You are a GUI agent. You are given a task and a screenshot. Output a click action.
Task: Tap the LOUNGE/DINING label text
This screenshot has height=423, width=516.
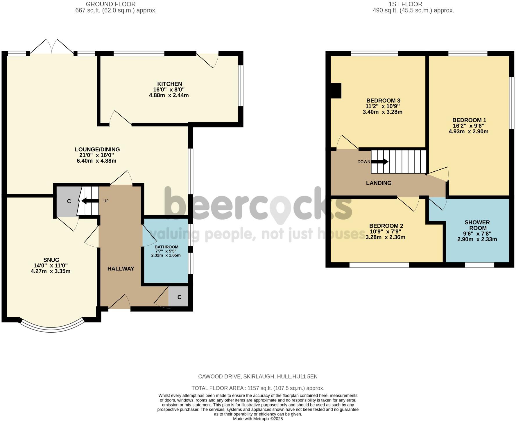coord(97,149)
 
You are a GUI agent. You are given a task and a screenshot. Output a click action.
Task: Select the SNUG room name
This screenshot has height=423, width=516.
coord(51,260)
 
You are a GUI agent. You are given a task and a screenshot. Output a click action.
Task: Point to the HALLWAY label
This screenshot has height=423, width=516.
coord(121,269)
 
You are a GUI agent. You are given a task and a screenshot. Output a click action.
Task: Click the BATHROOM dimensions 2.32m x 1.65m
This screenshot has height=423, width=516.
coord(166,255)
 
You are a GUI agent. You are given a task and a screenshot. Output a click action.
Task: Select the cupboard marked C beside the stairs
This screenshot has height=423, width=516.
coord(69,201)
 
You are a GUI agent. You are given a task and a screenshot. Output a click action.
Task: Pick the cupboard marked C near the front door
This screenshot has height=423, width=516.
coord(179,297)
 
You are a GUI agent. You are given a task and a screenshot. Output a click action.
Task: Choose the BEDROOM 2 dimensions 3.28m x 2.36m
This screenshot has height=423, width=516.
coord(385,237)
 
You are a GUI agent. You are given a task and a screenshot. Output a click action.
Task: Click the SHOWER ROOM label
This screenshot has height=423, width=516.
coord(477,225)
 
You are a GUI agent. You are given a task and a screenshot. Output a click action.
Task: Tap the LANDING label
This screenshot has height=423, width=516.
coord(379,183)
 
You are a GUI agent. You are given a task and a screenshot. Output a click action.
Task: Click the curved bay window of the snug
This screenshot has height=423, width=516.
coord(52,328)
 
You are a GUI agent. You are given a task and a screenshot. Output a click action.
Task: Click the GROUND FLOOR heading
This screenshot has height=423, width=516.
coord(111,4)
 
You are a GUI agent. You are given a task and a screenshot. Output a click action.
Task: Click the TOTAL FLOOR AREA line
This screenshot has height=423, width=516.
coord(258,388)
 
